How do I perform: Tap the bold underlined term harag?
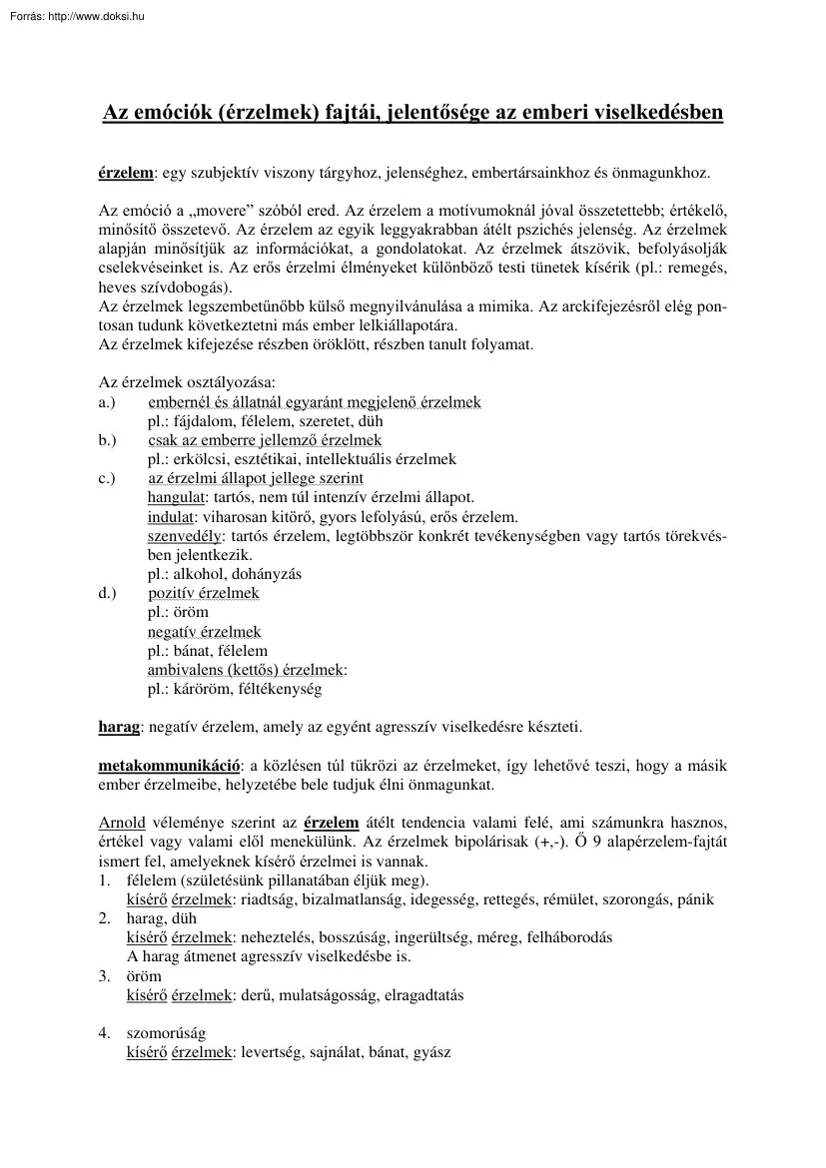[119, 727]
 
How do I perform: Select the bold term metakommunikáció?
[169, 766]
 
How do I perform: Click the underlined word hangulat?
[177, 497]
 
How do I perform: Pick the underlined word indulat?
[170, 517]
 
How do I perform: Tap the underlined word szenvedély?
[181, 536]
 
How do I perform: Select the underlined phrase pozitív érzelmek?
[204, 593]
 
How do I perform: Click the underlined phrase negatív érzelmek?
[204, 632]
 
